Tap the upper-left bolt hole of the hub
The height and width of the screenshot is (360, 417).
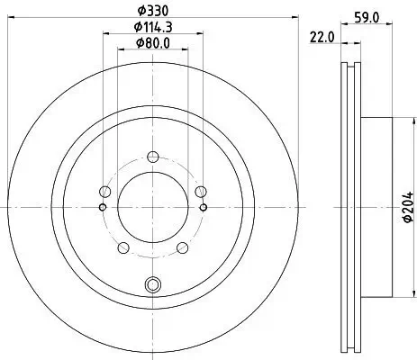click(x=105, y=191)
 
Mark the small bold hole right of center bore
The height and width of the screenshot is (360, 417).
click(x=203, y=207)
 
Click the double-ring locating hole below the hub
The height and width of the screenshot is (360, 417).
click(x=151, y=286)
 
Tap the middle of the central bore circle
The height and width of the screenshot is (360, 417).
click(x=151, y=207)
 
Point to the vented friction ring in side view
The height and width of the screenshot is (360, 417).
click(x=350, y=207)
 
